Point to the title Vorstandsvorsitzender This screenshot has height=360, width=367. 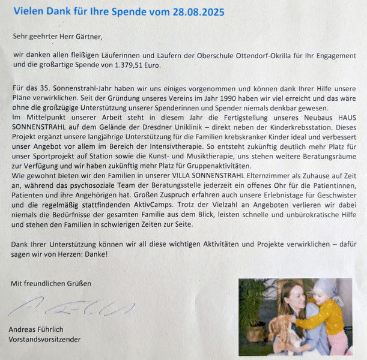coord(45,339)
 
